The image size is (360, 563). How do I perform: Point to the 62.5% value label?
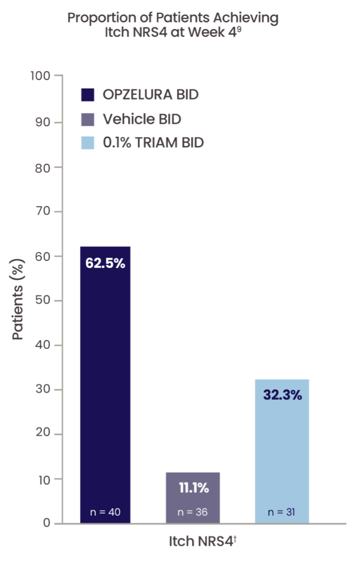[x=105, y=263]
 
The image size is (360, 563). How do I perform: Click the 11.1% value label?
[x=193, y=488]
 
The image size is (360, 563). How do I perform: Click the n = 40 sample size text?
[x=105, y=512]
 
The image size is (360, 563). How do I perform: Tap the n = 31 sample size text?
[x=282, y=512]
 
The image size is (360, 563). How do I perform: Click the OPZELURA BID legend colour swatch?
[x=88, y=95]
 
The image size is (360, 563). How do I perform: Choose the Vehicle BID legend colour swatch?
[x=88, y=120]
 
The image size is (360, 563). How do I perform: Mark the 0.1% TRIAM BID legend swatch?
[x=88, y=142]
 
